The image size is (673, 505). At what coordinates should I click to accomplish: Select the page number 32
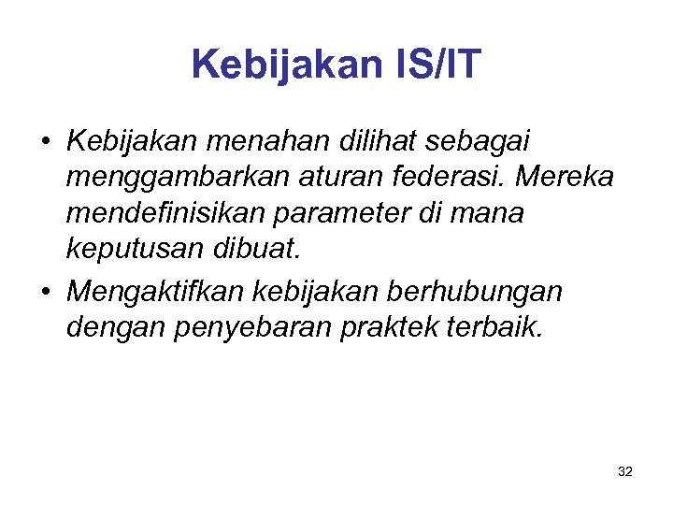coord(625,472)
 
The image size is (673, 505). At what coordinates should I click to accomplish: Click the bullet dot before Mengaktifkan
coord(46,293)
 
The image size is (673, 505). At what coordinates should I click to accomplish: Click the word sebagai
coord(477,141)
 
